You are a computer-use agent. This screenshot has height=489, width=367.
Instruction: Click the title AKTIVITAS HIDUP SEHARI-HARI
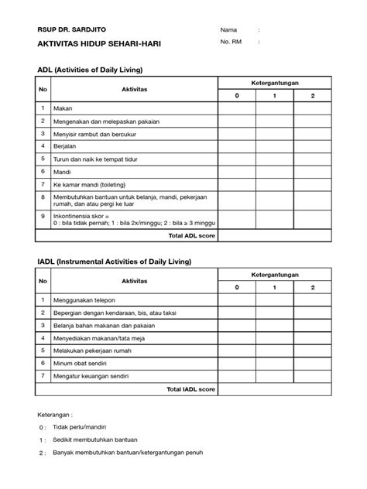point(91,45)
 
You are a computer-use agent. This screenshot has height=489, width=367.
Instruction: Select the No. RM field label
point(232,44)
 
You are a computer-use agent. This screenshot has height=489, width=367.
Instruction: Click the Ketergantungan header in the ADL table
point(275,83)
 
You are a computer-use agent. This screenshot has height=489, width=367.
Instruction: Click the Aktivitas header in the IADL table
point(134,282)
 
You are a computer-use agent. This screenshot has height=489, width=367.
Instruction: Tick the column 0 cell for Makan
point(238,108)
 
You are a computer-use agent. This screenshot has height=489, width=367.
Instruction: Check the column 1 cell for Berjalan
point(275,145)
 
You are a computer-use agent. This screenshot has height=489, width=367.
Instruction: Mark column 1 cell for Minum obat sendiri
point(275,361)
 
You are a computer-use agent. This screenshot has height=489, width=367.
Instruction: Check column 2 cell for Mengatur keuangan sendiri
point(312,375)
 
